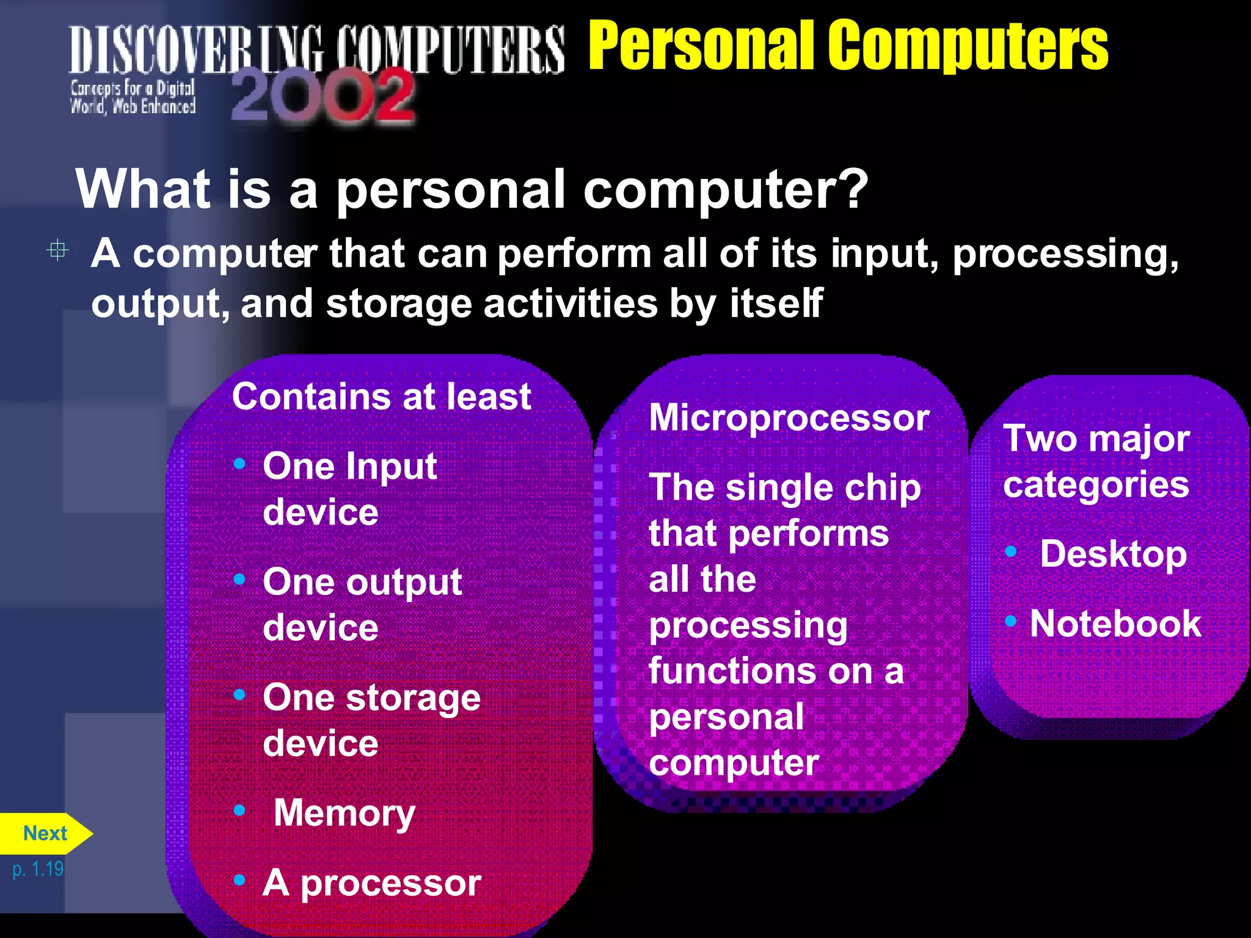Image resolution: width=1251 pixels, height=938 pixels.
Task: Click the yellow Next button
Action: tap(45, 833)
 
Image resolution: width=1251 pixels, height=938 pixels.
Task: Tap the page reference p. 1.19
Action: tap(38, 868)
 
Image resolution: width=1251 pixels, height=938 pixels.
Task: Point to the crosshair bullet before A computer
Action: tap(58, 250)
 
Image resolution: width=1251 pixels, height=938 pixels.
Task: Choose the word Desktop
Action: tap(1113, 554)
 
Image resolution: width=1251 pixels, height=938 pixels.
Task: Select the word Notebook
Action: tap(1115, 624)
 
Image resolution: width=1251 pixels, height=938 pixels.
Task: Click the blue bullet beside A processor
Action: tap(239, 880)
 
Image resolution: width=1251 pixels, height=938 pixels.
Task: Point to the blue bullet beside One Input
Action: tap(239, 464)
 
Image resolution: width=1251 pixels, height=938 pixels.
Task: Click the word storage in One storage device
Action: tap(413, 699)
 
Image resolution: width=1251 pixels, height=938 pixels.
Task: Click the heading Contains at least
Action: tap(381, 397)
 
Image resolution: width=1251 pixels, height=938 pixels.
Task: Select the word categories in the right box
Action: tap(1096, 485)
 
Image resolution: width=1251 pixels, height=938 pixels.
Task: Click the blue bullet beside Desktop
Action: tap(1011, 552)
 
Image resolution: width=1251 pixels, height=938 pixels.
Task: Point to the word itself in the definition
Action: tap(776, 304)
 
